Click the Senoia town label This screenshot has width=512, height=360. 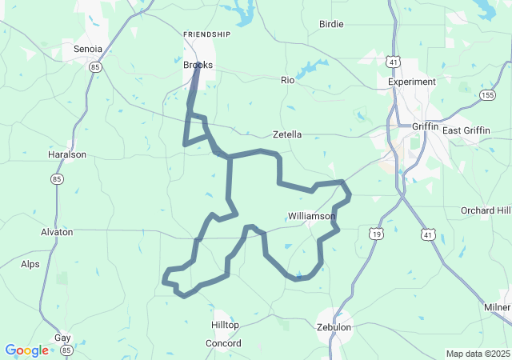pos(88,49)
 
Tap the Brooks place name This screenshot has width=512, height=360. pos(198,65)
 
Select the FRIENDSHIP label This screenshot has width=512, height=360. pos(206,34)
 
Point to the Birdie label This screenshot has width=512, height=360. pos(331,24)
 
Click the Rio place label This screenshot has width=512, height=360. pos(288,80)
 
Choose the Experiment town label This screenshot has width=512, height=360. pos(412,82)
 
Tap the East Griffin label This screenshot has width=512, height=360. pos(466,130)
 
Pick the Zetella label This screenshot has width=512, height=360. pos(287,134)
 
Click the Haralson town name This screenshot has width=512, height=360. pos(67,154)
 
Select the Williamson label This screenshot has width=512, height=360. pos(311,216)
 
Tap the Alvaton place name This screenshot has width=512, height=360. pos(57,232)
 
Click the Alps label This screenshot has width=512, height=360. pos(30,263)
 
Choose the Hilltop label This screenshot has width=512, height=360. pos(225,325)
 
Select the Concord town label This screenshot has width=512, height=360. pos(223,343)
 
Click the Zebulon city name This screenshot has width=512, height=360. pos(334,327)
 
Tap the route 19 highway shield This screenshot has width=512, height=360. pos(376,233)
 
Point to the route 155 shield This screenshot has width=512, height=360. pos(487,94)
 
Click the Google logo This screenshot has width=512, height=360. pos(26,350)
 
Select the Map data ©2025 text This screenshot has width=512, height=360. pos(477,354)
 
